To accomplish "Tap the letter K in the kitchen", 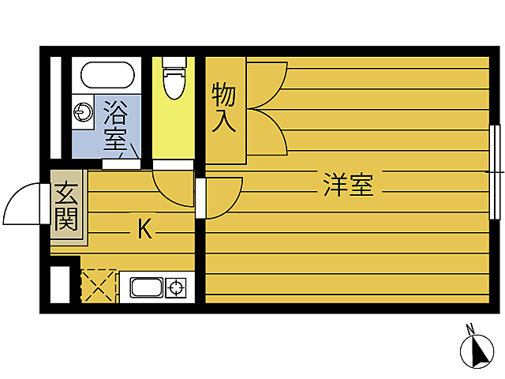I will (144, 229).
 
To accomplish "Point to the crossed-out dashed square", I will (99, 286).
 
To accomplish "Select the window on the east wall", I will (494, 171).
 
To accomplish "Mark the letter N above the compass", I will (469, 328).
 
